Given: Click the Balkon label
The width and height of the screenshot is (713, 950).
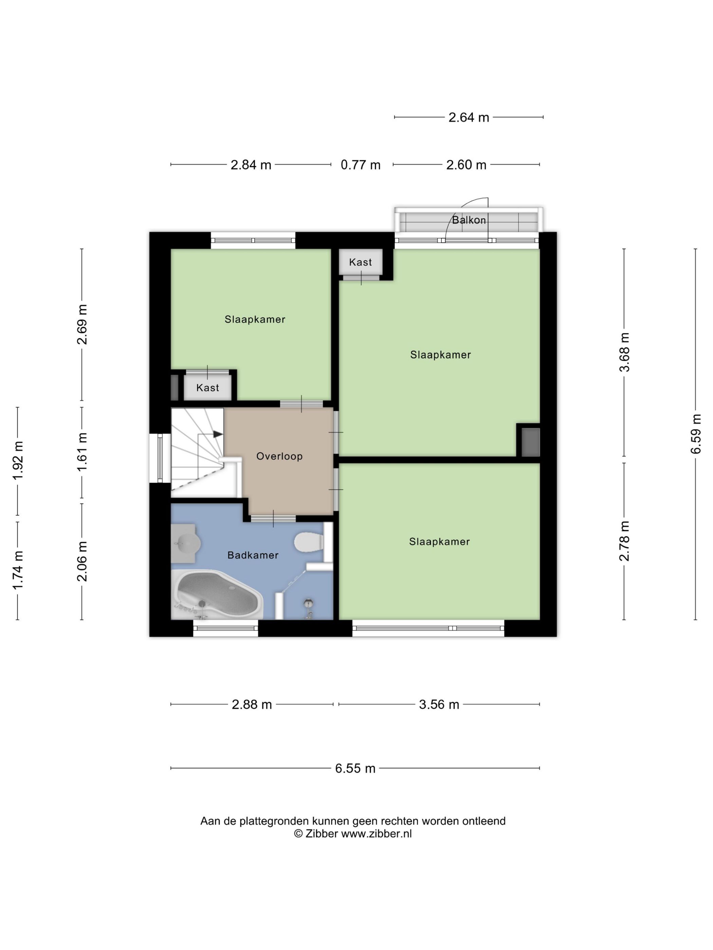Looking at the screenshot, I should (469, 220).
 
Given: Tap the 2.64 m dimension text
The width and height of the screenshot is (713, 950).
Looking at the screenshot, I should (469, 117).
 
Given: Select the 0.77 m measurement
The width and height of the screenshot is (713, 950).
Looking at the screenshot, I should (360, 165).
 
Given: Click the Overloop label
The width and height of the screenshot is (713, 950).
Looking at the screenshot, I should (279, 456).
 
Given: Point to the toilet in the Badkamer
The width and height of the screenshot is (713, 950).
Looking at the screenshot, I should (309, 542).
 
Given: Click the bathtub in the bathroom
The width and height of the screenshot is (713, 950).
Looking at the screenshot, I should (217, 594).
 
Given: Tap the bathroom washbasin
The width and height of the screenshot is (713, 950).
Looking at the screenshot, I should (186, 543).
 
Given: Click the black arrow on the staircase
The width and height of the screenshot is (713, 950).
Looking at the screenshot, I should (218, 434).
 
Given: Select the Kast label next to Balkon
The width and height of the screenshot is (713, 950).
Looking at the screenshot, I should (360, 262).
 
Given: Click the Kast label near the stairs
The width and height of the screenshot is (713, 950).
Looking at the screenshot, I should (207, 388).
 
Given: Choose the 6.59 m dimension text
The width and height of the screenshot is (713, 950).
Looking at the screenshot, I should (696, 434).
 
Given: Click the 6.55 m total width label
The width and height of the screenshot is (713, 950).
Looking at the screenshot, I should (355, 768).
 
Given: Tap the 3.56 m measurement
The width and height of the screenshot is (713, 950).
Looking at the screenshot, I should (439, 705).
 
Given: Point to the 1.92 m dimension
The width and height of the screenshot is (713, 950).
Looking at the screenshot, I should (18, 461).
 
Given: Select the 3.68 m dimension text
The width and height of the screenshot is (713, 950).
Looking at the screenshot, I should (624, 352).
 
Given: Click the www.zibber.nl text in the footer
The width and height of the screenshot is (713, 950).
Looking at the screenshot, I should (376, 834).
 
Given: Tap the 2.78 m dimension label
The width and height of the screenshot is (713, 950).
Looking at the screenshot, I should (624, 541).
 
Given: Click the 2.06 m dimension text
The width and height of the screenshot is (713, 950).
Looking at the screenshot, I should (82, 561).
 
